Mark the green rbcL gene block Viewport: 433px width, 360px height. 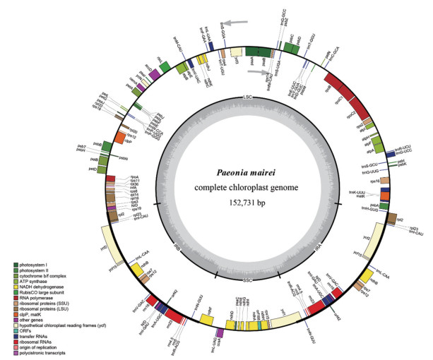[x=164, y=66]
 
